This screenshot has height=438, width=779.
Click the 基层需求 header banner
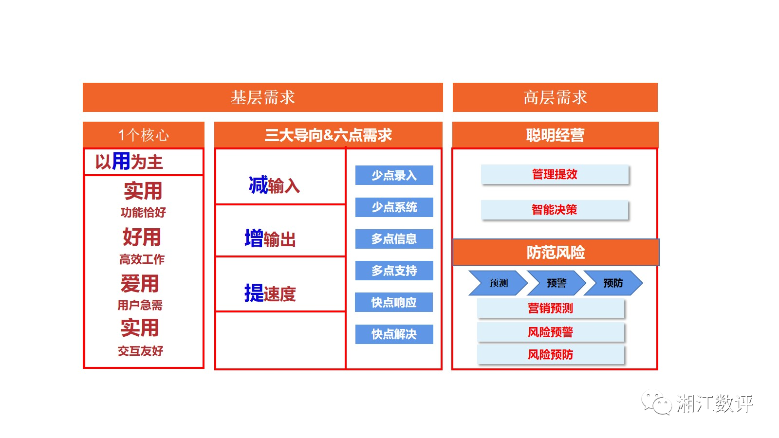[x=262, y=97]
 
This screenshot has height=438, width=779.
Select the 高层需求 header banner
[x=555, y=97]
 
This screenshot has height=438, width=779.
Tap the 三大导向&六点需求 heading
[x=328, y=135]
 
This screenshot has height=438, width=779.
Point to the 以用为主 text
[x=129, y=162]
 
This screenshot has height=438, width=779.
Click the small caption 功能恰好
[x=143, y=212]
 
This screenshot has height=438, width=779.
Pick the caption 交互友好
[x=141, y=351]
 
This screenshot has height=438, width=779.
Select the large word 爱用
[x=140, y=283]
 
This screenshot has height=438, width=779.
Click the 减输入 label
[x=274, y=185]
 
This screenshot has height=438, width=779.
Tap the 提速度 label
[x=270, y=293]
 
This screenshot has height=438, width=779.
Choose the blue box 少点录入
[x=394, y=175]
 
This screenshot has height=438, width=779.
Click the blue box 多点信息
[x=394, y=239]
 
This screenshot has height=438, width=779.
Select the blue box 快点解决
[x=394, y=334]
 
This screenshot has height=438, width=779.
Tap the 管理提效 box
[x=555, y=174]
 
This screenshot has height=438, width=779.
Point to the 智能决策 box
[x=555, y=210]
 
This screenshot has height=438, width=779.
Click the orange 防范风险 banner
[x=556, y=252]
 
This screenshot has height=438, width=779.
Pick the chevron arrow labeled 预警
[x=556, y=283]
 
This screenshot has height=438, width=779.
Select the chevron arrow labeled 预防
[x=613, y=283]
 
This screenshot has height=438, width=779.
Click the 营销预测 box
[x=551, y=308]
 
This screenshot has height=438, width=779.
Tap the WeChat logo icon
[x=656, y=403]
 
